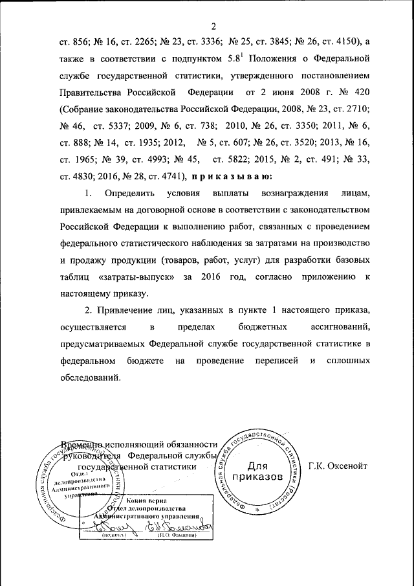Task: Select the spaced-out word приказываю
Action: pos(231,175)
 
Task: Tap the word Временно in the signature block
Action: pos(82,444)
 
